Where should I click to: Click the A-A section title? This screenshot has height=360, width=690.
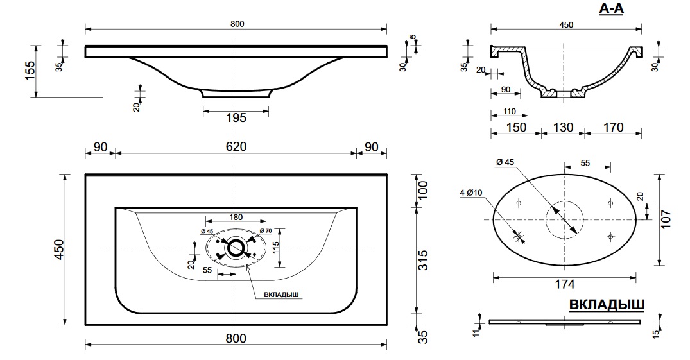pyautogui.click(x=611, y=9)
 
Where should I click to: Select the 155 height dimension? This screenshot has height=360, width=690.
pyautogui.click(x=30, y=71)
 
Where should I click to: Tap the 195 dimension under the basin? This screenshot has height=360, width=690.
pyautogui.click(x=236, y=118)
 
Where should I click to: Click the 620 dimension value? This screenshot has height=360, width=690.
pyautogui.click(x=236, y=146)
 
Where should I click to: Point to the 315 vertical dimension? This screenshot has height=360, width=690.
pyautogui.click(x=423, y=260)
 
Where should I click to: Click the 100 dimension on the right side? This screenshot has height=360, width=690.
pyautogui.click(x=423, y=191)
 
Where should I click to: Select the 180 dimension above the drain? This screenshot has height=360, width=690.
pyautogui.click(x=236, y=217)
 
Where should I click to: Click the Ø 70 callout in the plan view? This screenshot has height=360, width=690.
pyautogui.click(x=265, y=230)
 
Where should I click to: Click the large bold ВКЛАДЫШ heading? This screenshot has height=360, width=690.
pyautogui.click(x=607, y=305)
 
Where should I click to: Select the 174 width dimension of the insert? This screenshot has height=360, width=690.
pyautogui.click(x=565, y=285)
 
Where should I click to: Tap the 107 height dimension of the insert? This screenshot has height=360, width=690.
pyautogui.click(x=667, y=219)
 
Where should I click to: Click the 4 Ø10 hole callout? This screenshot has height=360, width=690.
pyautogui.click(x=471, y=193)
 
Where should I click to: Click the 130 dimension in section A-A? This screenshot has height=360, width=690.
pyautogui.click(x=563, y=127)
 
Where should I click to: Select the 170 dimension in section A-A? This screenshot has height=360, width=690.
pyautogui.click(x=614, y=127)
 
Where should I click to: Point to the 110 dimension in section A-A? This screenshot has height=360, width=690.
pyautogui.click(x=509, y=112)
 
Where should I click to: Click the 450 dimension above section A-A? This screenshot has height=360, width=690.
pyautogui.click(x=566, y=24)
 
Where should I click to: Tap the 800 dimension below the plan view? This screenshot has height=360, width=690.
pyautogui.click(x=236, y=338)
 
